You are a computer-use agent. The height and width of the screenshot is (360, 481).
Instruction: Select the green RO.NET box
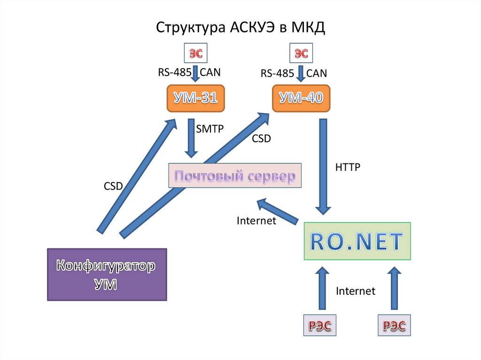[x=357, y=241]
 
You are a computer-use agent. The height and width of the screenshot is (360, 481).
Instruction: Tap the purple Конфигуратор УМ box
[x=107, y=275]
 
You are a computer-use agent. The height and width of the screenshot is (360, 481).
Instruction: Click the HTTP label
[x=348, y=167]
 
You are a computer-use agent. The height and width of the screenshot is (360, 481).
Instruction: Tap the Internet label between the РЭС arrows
[x=356, y=291]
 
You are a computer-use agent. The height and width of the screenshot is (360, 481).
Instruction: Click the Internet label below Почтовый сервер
[x=256, y=221]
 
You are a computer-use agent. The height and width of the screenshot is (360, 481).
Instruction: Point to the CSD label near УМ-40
[x=262, y=139]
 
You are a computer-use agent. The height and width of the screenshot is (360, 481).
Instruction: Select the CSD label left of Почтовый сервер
[x=113, y=186]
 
